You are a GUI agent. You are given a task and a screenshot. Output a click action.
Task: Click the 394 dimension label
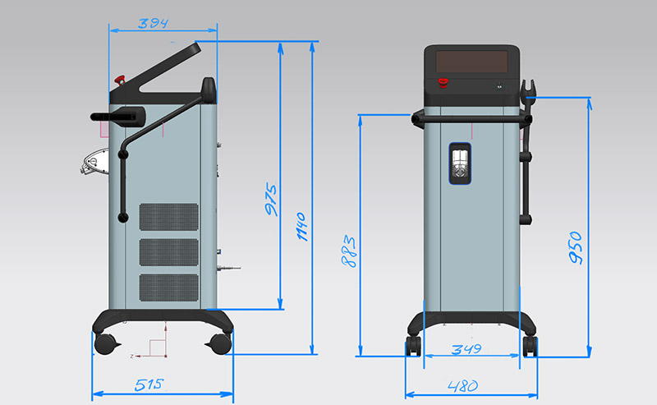153,23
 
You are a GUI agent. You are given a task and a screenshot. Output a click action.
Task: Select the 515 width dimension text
149,384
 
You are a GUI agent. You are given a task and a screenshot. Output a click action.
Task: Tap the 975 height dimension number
272,199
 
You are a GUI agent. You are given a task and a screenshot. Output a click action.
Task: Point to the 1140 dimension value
302,227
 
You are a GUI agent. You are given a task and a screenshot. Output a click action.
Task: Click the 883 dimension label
349,251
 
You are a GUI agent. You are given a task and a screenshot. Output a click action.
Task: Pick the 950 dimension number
577,247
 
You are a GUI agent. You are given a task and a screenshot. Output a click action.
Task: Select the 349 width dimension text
466,349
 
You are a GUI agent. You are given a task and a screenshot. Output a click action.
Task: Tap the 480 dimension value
462,386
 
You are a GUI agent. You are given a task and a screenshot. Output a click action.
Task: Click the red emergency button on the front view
443,82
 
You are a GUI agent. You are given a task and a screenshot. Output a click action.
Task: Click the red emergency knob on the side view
120,80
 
